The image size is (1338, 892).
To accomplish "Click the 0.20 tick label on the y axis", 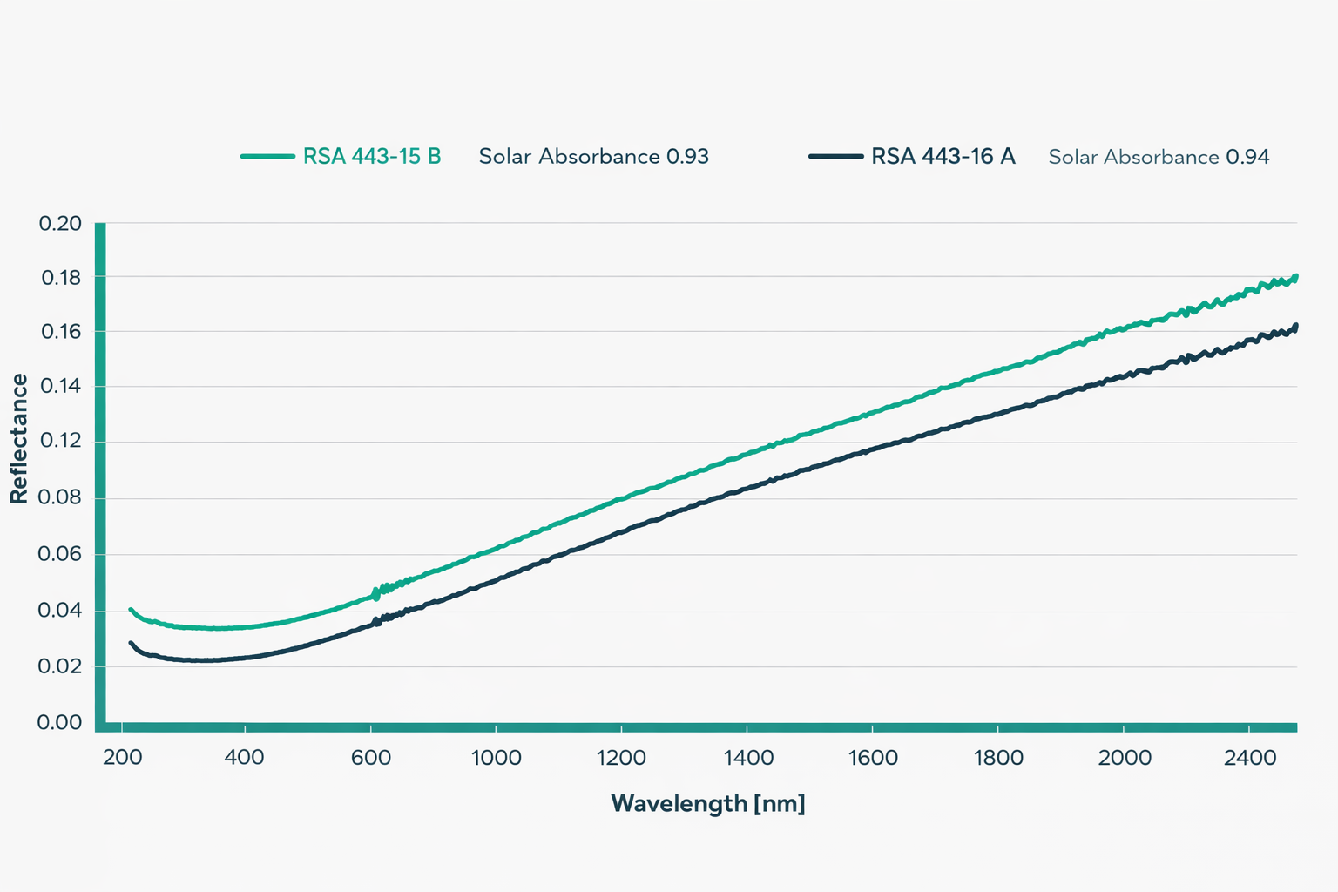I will [x=60, y=224].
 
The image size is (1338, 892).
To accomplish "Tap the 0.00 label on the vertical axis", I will [x=59, y=722].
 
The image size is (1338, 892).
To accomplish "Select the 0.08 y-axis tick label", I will [x=60, y=497].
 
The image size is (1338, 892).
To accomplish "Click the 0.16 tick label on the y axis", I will [x=60, y=332].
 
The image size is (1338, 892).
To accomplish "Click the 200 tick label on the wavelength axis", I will [x=123, y=758].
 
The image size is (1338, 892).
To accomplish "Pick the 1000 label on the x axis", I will [x=496, y=758].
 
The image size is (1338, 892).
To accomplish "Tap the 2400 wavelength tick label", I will [x=1249, y=758].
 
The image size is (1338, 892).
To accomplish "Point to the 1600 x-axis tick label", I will [x=873, y=758].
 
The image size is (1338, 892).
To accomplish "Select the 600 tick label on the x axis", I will [x=371, y=758].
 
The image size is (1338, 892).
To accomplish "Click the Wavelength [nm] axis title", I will [x=707, y=803].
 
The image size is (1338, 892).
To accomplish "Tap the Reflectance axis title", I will [x=19, y=439].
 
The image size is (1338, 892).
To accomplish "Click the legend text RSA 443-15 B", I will [x=372, y=157].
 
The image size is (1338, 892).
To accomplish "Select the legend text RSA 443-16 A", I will [x=943, y=157].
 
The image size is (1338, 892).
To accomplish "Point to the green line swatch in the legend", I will [x=267, y=157].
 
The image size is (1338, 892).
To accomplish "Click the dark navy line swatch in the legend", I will [x=835, y=157].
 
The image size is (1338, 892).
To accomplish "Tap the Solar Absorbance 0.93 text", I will [x=593, y=157].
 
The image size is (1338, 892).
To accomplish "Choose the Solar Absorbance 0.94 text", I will [x=1159, y=158].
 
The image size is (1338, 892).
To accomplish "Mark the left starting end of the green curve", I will [x=131, y=610].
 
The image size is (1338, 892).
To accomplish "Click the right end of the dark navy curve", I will [x=1296, y=326].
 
